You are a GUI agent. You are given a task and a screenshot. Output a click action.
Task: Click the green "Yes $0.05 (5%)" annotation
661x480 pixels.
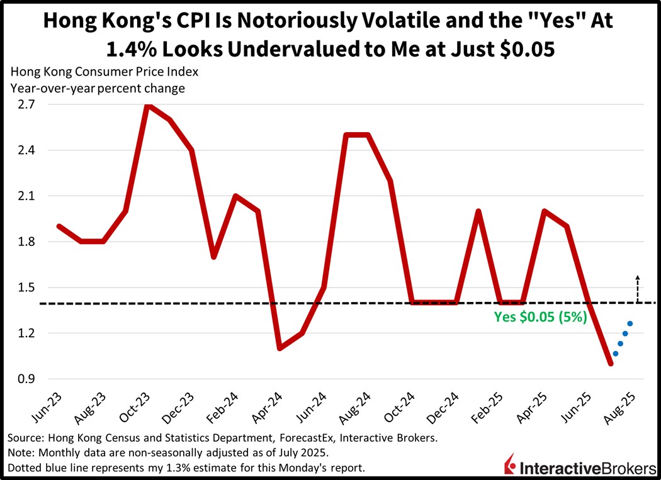(540, 317)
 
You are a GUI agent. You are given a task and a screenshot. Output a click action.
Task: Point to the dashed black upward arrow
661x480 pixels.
(637, 289)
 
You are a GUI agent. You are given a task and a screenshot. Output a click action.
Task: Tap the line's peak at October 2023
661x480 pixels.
(147, 105)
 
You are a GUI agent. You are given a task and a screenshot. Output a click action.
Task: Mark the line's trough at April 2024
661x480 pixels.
(280, 348)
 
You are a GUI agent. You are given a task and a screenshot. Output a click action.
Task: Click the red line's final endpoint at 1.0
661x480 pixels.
(610, 363)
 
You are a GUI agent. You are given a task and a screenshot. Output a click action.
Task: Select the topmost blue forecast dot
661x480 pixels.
(630, 323)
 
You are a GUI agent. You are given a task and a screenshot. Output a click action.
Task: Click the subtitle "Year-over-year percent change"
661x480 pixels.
(98, 88)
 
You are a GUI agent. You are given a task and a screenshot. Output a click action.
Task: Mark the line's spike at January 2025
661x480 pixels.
(478, 211)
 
